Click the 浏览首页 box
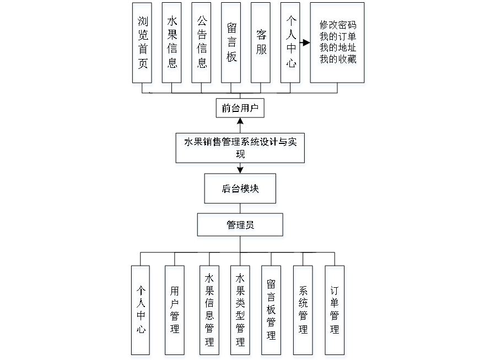tap(143, 45)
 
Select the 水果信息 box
tap(173, 45)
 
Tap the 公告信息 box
tap(202, 45)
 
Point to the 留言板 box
tap(232, 45)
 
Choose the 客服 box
tap(261, 45)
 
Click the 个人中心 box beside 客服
tap(291, 45)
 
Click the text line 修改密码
tap(338, 26)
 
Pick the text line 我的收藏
tap(338, 60)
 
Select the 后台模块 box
tap(241, 191)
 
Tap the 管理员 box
tap(241, 227)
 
